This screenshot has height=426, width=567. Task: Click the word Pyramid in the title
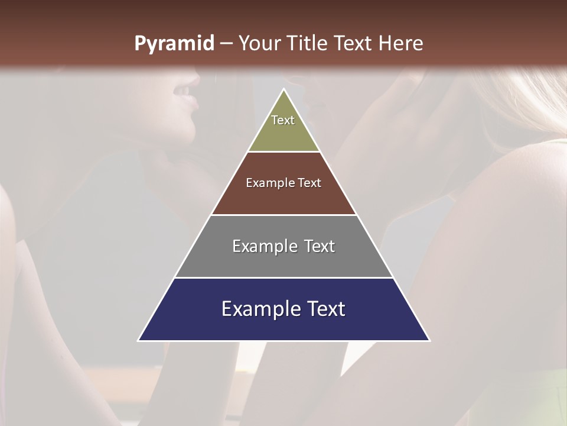point(174,44)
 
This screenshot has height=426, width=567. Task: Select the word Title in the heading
point(307,44)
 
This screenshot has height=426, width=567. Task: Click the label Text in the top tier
point(283,120)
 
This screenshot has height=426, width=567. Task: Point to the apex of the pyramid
point(284,90)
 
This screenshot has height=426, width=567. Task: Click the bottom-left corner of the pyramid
point(139,340)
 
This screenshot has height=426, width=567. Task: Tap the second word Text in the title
point(354,44)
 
